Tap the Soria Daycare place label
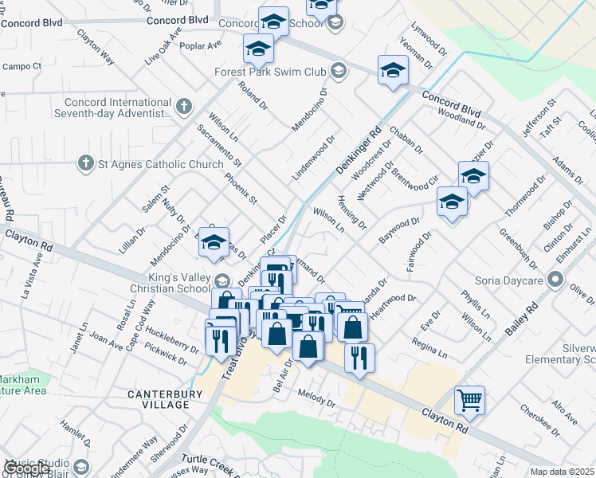click(520, 280)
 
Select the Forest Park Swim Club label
click(271, 72)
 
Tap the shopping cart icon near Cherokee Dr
click(469, 401)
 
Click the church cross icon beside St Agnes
click(85, 165)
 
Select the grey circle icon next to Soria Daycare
click(555, 280)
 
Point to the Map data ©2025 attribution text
click(561, 472)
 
